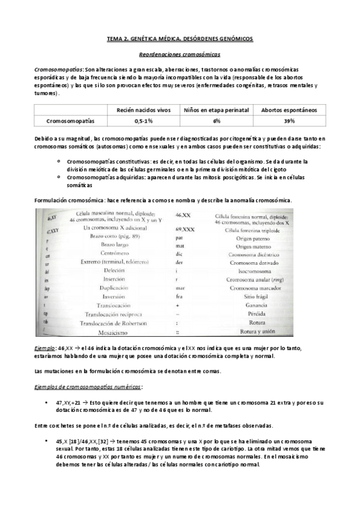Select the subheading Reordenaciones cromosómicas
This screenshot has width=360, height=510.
tap(180, 54)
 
